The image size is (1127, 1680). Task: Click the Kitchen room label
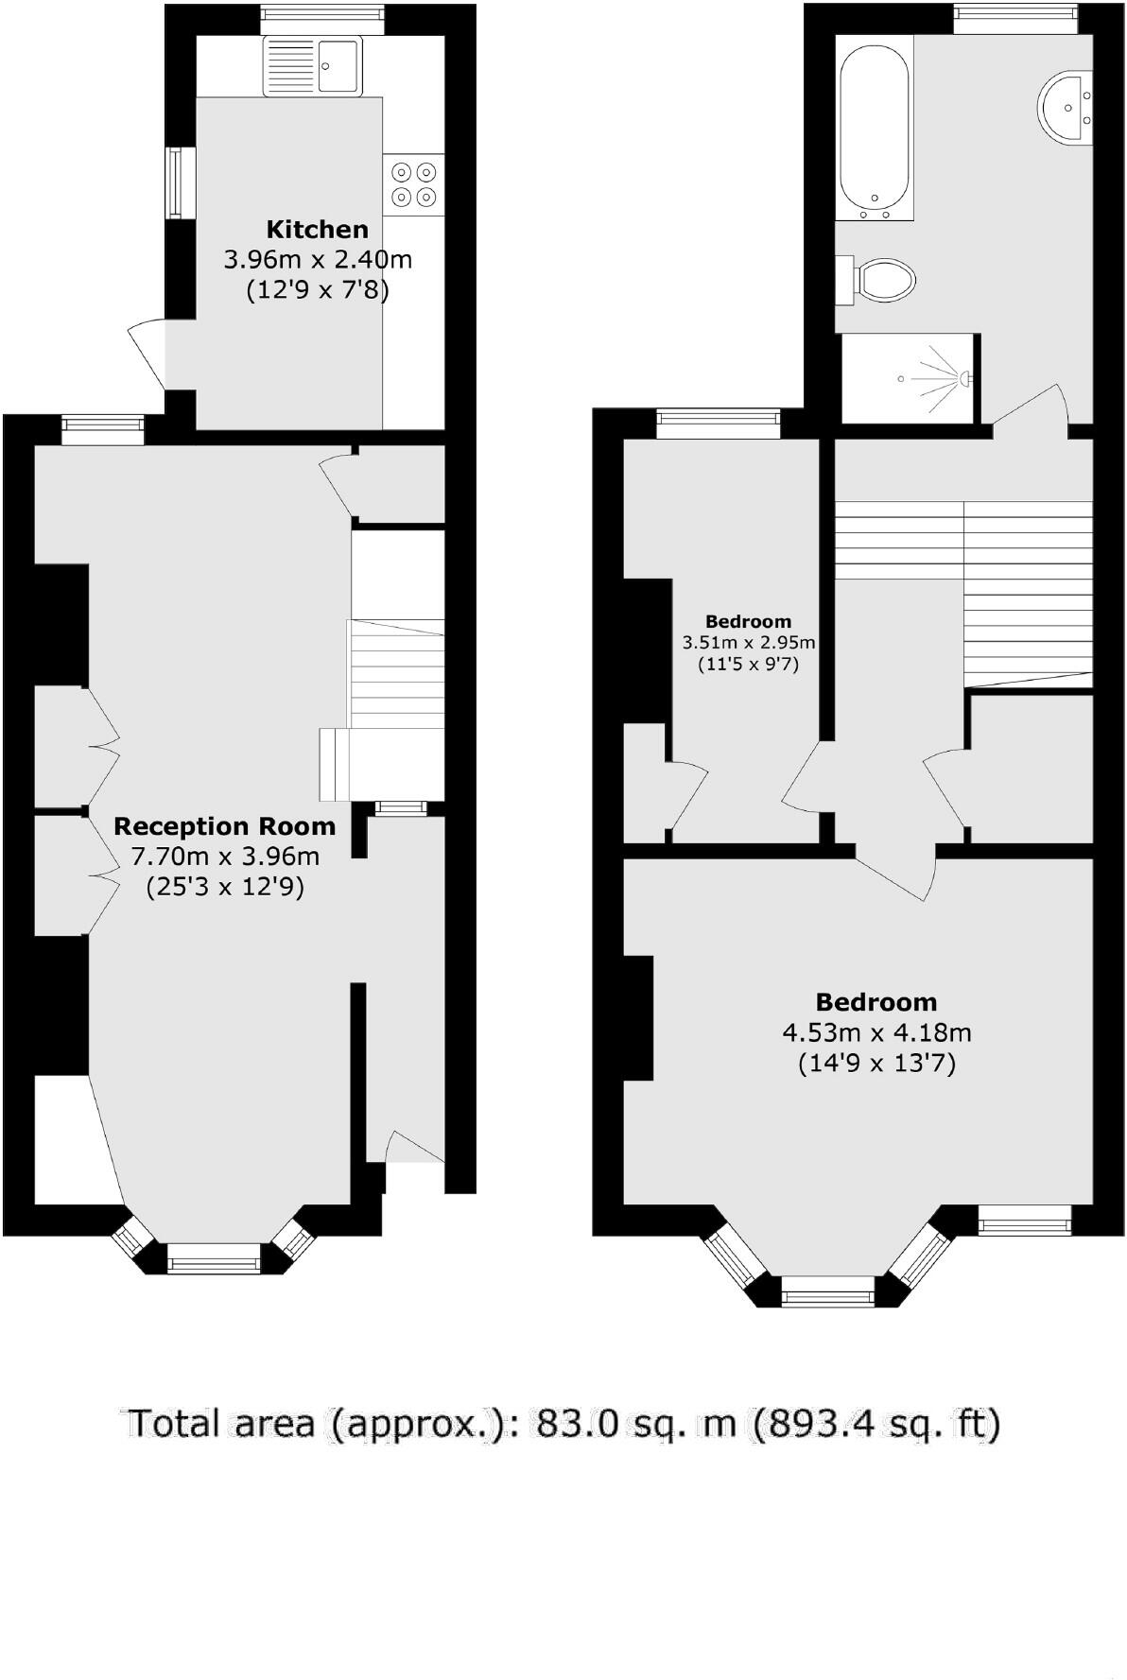[317, 229]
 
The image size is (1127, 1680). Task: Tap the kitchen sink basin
[338, 65]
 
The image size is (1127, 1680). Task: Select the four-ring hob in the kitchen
[414, 184]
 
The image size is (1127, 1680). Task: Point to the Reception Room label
[224, 826]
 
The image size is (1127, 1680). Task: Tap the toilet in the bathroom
[884, 280]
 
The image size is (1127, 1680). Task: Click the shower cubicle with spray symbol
[908, 378]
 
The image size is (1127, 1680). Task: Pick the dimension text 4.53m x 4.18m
[876, 1032]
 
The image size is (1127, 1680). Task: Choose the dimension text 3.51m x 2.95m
[749, 643]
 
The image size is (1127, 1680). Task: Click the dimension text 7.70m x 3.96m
[224, 857]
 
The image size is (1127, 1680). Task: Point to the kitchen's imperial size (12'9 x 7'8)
[317, 289]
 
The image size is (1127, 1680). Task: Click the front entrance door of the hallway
[413, 1148]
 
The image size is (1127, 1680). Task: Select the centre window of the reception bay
[213, 1257]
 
